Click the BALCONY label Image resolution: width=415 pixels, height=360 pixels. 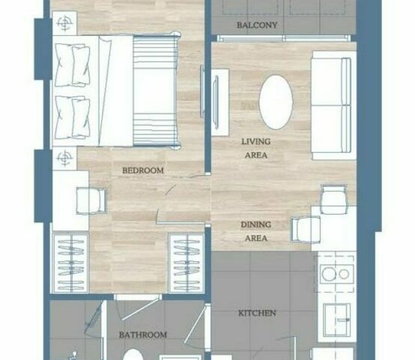(x=257, y=25)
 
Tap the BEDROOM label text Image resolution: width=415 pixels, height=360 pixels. (x=143, y=170)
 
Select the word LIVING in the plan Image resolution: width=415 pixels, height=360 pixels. (x=256, y=142)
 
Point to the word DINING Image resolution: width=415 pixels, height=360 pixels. (x=256, y=225)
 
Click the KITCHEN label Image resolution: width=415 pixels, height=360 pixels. (x=257, y=313)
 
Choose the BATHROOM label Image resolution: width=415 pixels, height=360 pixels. (x=143, y=335)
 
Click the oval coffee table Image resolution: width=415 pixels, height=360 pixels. (x=276, y=102)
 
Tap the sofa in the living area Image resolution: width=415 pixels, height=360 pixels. (x=333, y=106)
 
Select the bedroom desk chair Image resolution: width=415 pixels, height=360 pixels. (x=92, y=201)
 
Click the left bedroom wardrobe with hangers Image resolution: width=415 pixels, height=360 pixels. (x=71, y=264)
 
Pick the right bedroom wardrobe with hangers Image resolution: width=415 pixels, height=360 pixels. (x=186, y=264)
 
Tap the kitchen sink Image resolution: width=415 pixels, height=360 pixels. (x=337, y=320)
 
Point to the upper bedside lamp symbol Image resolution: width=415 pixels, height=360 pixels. (x=64, y=23)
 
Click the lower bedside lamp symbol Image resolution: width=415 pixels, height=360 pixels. (x=64, y=158)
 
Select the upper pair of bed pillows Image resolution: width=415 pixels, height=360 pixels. (x=73, y=65)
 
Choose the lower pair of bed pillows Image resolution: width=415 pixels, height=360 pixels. (x=73, y=117)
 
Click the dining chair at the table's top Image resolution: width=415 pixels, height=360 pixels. (x=333, y=199)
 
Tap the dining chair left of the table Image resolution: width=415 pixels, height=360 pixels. (x=306, y=229)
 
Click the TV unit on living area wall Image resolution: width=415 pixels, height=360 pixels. (x=220, y=102)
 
